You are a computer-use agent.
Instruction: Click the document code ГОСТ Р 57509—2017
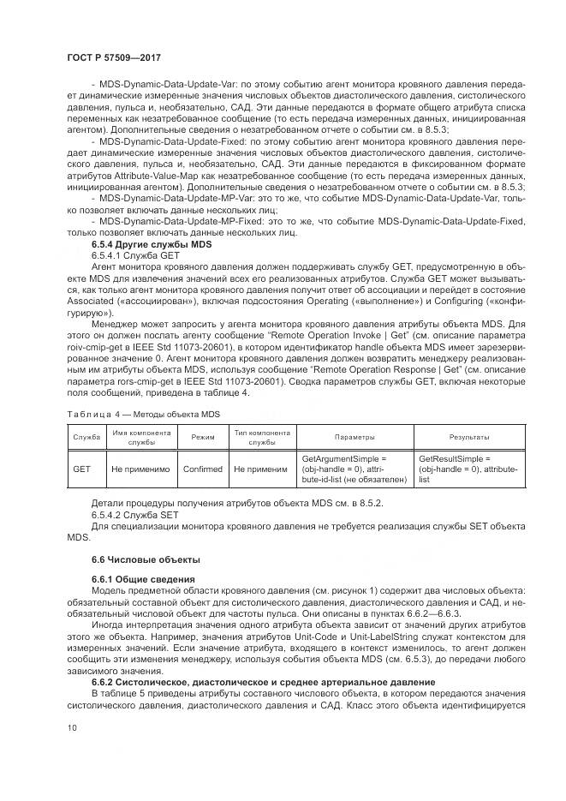pyautogui.click(x=114, y=57)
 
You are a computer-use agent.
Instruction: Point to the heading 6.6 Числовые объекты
pyautogui.click(x=133, y=559)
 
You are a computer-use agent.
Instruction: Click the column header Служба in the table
pyautogui.click(x=86, y=437)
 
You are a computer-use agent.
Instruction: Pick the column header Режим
pyautogui.click(x=202, y=437)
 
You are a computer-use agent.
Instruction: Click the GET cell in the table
pyautogui.click(x=82, y=469)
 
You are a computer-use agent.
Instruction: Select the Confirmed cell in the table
pyautogui.click(x=202, y=469)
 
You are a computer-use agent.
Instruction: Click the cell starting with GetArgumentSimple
pyautogui.click(x=354, y=469)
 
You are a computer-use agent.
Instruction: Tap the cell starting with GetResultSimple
pyautogui.click(x=468, y=469)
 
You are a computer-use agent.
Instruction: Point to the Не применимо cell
pyautogui.click(x=140, y=469)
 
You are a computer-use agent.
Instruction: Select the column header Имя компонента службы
pyautogui.click(x=140, y=437)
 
